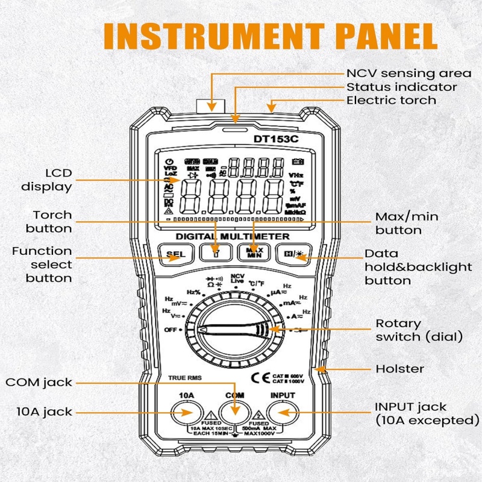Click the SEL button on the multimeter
click(172, 254)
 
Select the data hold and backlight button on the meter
click(293, 254)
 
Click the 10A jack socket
click(186, 413)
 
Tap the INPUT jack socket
click(283, 413)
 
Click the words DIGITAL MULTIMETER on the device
click(233, 236)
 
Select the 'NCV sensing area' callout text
click(408, 73)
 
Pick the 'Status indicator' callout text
click(401, 87)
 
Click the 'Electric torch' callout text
click(391, 100)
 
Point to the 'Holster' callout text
click(400, 369)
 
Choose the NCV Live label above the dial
click(237, 279)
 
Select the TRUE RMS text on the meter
click(185, 378)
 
